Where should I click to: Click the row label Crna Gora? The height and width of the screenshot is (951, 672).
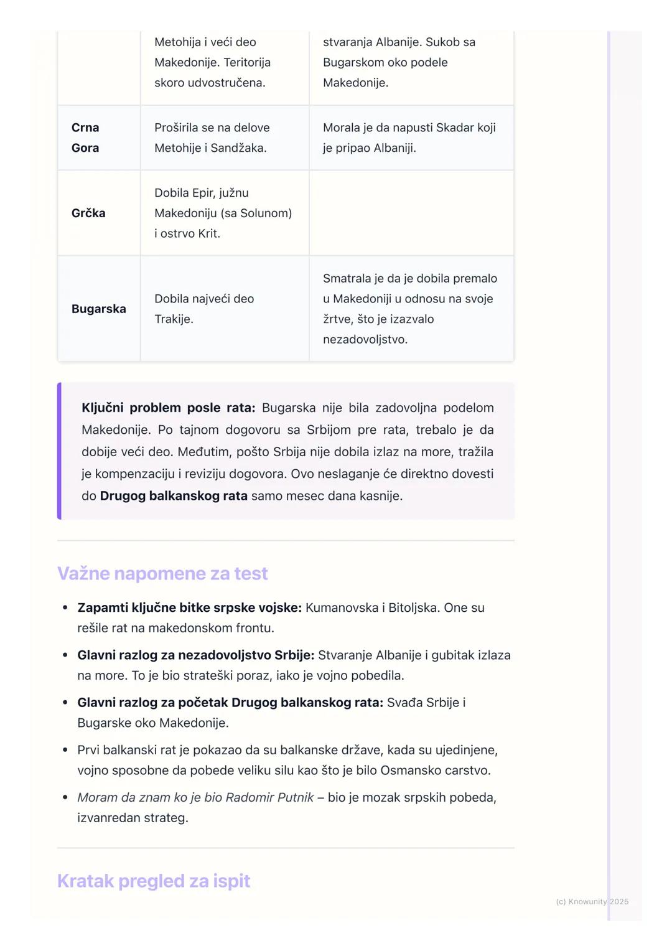[85, 138]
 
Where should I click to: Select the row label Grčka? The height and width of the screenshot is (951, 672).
[88, 213]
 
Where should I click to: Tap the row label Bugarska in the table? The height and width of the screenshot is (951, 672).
[98, 309]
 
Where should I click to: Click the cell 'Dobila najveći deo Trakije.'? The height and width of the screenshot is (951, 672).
[204, 309]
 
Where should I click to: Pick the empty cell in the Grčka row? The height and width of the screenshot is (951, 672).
[411, 213]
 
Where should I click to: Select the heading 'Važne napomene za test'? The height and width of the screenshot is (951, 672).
[162, 573]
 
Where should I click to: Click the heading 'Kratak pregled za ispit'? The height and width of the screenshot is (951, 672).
[154, 881]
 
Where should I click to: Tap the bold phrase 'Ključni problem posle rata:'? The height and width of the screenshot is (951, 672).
[168, 408]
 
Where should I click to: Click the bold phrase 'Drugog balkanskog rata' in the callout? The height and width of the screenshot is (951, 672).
[174, 496]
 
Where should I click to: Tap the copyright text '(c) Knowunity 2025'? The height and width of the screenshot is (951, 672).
[592, 901]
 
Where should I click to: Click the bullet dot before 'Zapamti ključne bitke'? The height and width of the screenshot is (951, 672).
[65, 607]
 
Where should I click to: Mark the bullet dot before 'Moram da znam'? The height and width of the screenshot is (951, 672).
[65, 797]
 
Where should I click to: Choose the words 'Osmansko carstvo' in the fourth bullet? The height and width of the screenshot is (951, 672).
[435, 770]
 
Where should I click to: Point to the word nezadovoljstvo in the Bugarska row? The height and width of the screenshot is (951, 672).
[365, 339]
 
